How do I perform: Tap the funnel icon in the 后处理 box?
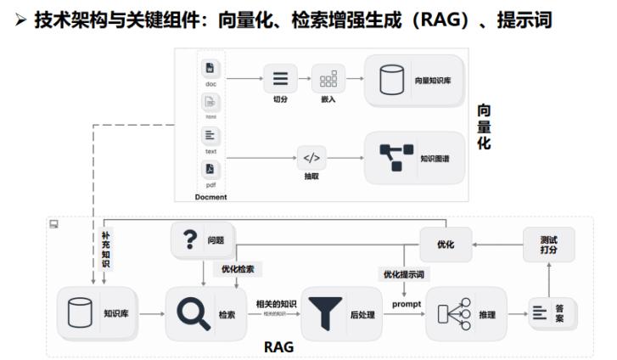click(324, 313)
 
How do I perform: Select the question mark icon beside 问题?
click(189, 240)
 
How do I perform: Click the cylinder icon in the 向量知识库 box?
click(391, 80)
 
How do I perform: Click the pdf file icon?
click(210, 169)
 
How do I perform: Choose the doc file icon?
click(210, 68)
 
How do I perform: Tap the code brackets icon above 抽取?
click(311, 157)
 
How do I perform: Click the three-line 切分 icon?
click(279, 80)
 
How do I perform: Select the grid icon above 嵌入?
click(328, 80)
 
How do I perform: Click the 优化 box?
click(445, 245)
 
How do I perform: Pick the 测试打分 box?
click(548, 245)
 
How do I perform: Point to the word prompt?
click(407, 303)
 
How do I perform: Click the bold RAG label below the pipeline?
click(278, 346)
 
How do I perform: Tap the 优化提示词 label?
click(401, 273)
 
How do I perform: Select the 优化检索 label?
click(238, 268)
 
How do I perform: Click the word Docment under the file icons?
click(210, 197)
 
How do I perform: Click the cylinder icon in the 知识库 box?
click(79, 313)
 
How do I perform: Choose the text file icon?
click(210, 135)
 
